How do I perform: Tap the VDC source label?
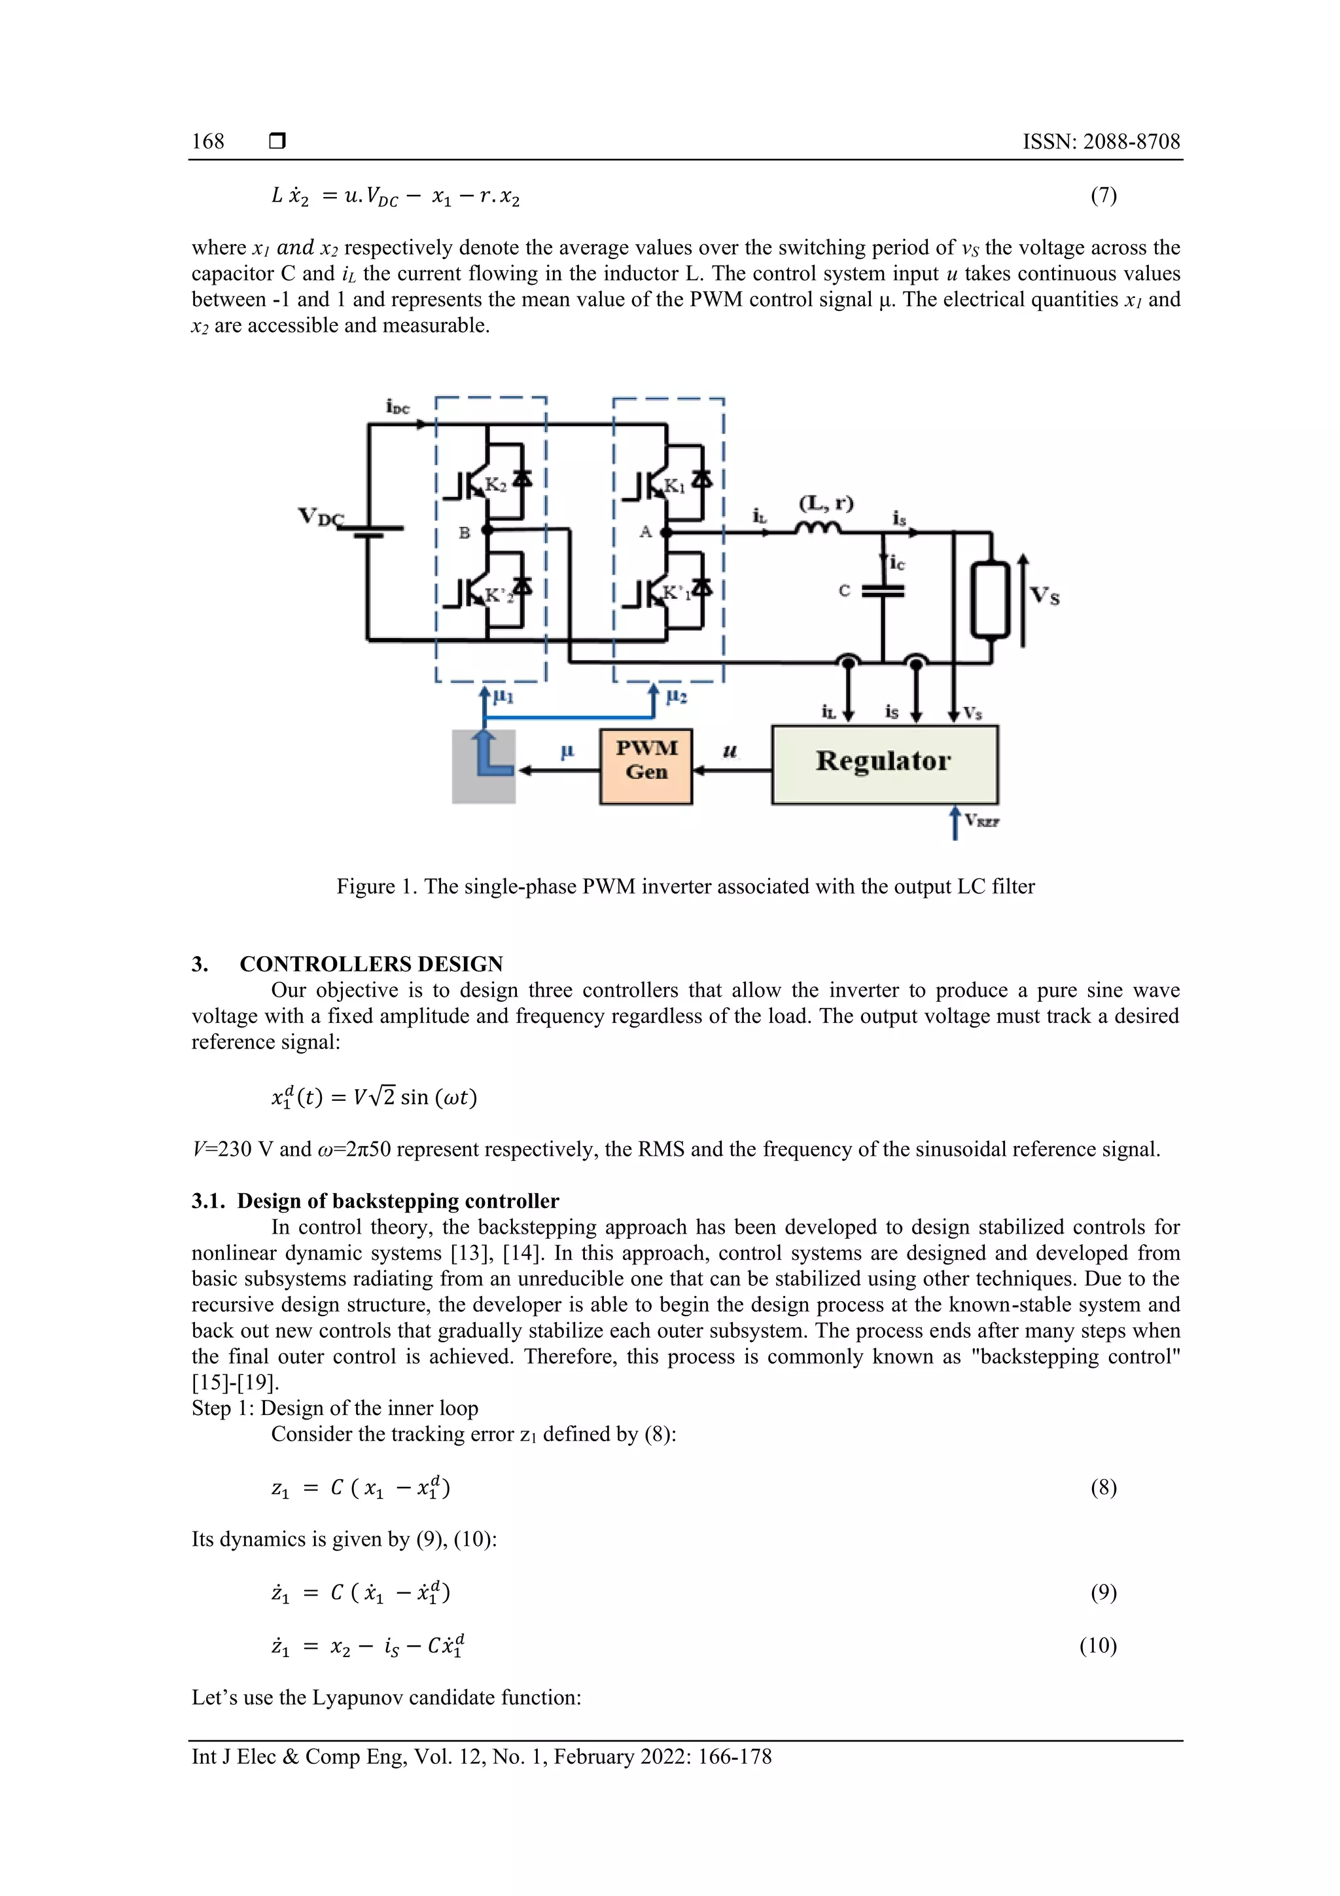click(319, 517)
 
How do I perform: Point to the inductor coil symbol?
click(819, 529)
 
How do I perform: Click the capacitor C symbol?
click(883, 590)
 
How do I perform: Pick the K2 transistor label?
click(495, 485)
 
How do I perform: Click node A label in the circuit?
click(646, 533)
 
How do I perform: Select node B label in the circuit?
click(464, 533)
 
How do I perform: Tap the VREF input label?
click(983, 821)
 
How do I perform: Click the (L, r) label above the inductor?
click(826, 503)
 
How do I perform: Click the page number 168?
click(208, 141)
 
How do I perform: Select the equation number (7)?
click(1103, 196)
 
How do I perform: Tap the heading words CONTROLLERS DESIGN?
click(371, 963)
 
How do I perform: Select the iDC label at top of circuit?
click(397, 406)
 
